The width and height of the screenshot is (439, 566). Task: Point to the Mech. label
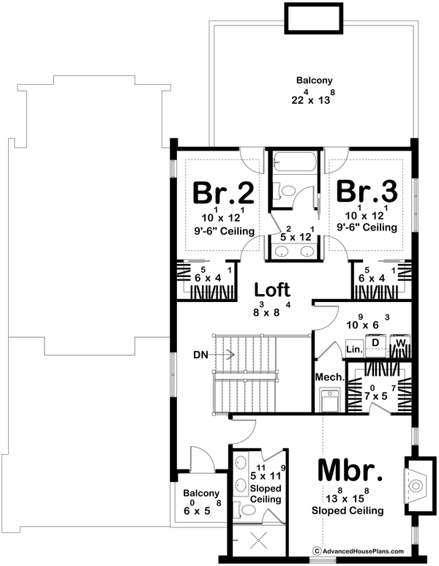tap(325, 377)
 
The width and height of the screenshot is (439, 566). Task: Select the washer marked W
tap(401, 342)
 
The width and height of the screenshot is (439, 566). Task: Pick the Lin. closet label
tap(354, 350)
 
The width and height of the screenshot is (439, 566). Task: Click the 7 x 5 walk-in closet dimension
tap(378, 396)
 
